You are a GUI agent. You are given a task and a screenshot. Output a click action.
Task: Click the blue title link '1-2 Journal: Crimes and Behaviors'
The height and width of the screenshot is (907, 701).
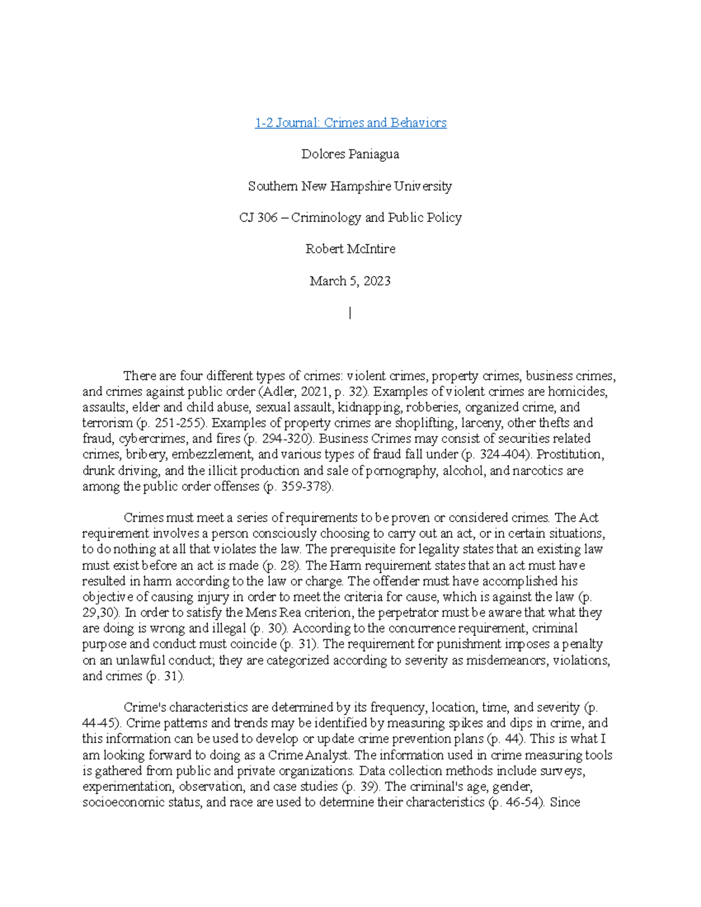click(350, 123)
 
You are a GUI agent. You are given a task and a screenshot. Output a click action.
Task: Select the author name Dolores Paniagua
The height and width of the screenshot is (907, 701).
click(350, 154)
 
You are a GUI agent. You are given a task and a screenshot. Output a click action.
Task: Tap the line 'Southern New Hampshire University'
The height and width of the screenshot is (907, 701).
click(350, 186)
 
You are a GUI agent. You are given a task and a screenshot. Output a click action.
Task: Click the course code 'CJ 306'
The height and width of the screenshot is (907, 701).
click(258, 218)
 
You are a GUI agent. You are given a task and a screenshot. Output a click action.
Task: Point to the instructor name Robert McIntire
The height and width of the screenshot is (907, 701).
click(350, 249)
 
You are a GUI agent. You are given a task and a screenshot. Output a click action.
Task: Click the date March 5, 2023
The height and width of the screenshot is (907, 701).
click(350, 281)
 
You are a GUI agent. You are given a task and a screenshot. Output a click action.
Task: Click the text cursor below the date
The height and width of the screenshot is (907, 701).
click(350, 314)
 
